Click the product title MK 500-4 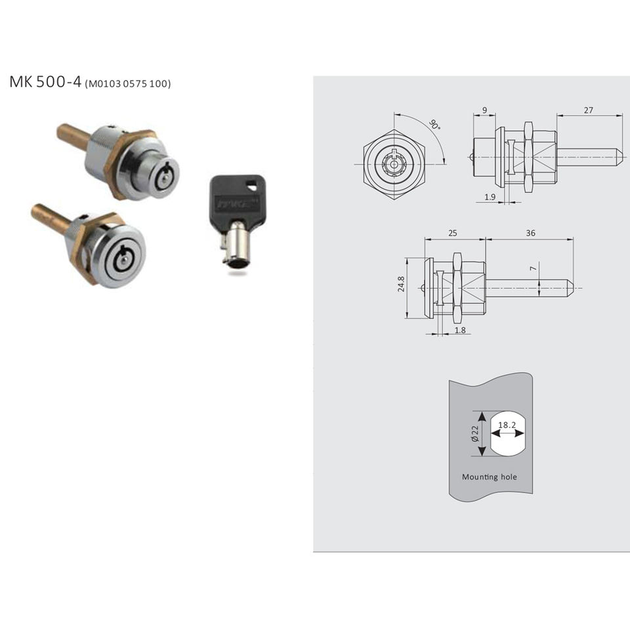tap(45, 81)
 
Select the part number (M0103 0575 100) tap(128, 83)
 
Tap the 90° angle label tap(434, 124)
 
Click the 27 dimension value tap(588, 110)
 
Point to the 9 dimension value tap(484, 110)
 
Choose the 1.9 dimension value tap(490, 197)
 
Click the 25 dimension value tap(452, 233)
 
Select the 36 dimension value tap(530, 233)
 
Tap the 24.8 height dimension tap(401, 283)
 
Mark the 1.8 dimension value tap(460, 330)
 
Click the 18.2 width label tap(507, 425)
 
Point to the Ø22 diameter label tap(475, 434)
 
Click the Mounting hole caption tap(490, 477)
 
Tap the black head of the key tap(237, 198)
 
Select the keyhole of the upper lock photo tap(165, 178)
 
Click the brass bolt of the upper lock tap(73, 136)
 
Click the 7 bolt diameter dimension tap(533, 268)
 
